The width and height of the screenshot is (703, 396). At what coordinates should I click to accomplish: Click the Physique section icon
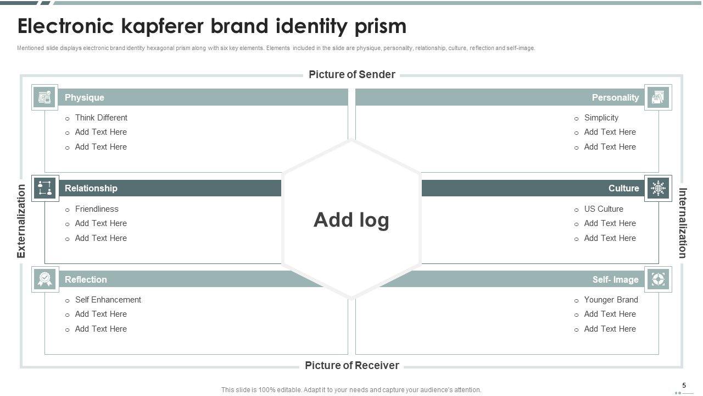click(45, 97)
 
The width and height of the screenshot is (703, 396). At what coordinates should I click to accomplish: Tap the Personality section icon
click(658, 97)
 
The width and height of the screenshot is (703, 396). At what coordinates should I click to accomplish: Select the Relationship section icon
click(45, 188)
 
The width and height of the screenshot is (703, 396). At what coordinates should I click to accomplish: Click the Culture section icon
click(658, 188)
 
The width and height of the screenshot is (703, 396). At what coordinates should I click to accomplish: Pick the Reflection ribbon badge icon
click(45, 279)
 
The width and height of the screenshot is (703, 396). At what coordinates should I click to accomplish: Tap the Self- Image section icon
click(658, 279)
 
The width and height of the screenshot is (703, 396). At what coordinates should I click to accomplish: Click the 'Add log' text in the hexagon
click(351, 220)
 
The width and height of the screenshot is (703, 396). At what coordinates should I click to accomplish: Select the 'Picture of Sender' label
click(351, 75)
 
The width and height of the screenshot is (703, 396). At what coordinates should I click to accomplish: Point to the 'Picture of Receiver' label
click(351, 366)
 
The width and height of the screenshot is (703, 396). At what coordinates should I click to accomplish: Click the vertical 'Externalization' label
click(21, 221)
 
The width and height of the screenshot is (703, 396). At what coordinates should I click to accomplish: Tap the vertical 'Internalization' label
click(683, 223)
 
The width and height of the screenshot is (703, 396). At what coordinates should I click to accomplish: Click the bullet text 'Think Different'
click(101, 118)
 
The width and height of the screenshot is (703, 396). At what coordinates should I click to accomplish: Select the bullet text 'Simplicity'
click(601, 118)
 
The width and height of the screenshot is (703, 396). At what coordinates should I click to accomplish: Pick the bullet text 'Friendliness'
click(97, 209)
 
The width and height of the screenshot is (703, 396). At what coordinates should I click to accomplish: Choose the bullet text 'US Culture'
click(604, 209)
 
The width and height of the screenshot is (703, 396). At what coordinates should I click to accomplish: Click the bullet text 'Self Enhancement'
click(108, 300)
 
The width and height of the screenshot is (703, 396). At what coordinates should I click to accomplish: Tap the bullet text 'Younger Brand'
click(611, 300)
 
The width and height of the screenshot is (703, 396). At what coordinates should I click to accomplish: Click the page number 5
click(684, 386)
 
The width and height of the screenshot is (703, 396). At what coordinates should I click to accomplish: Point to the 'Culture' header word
click(623, 188)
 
